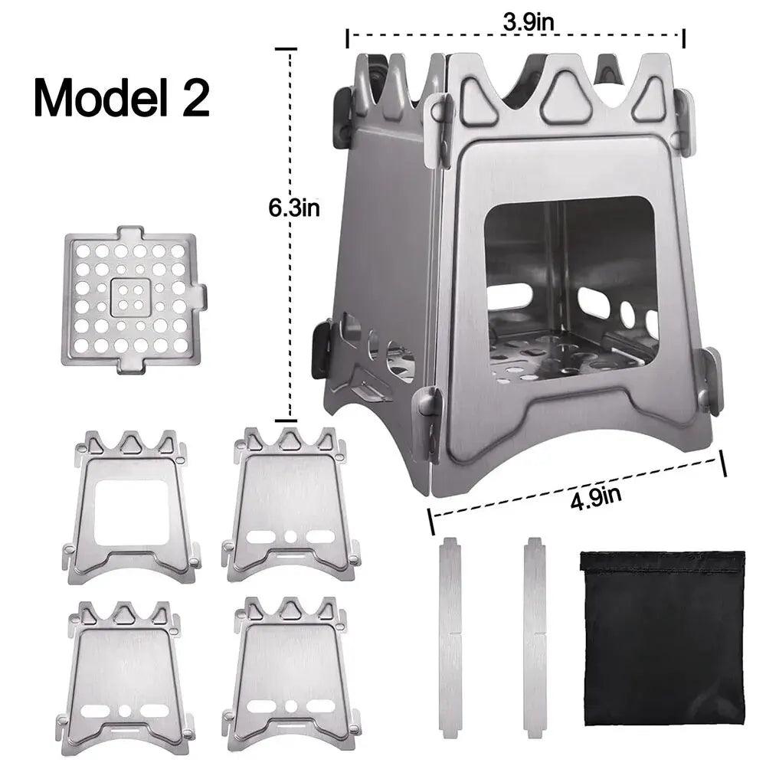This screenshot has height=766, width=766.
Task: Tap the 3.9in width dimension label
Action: tap(529, 21)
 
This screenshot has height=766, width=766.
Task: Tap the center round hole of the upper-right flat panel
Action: tap(291, 535)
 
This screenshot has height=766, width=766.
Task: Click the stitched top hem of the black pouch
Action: tap(662, 562)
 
